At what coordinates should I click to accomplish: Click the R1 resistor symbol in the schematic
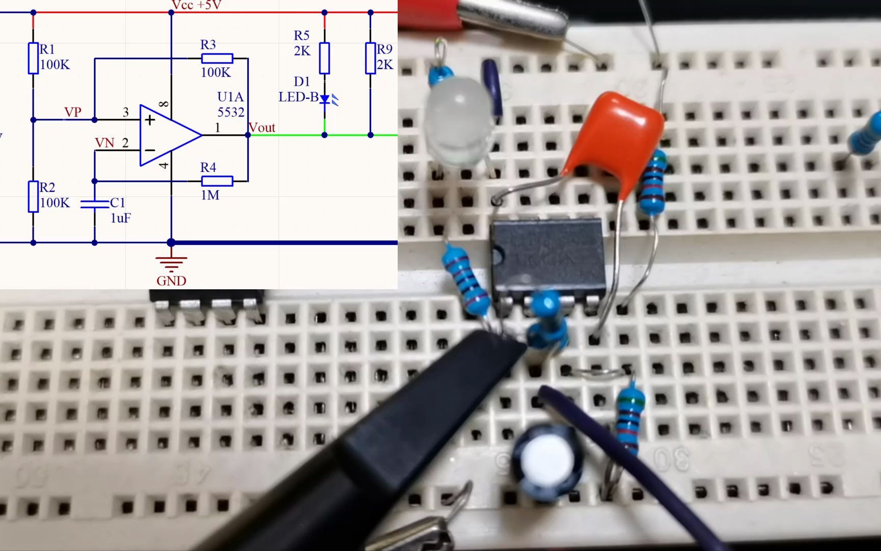click(x=33, y=58)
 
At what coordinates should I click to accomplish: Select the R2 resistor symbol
click(x=33, y=196)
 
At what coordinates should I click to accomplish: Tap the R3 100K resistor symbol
click(x=217, y=58)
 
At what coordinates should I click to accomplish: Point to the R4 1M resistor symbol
click(x=217, y=181)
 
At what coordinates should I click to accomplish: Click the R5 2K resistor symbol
click(x=324, y=58)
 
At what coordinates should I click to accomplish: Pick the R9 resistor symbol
click(x=371, y=58)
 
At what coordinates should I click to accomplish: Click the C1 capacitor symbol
click(x=95, y=204)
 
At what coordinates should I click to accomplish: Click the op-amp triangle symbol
click(x=168, y=135)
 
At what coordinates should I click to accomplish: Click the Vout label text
click(x=262, y=128)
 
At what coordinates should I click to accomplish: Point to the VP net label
click(x=72, y=112)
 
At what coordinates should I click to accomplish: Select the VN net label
click(x=105, y=143)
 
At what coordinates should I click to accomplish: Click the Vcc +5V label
click(x=196, y=5)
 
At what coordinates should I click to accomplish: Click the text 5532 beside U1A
click(x=231, y=112)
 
